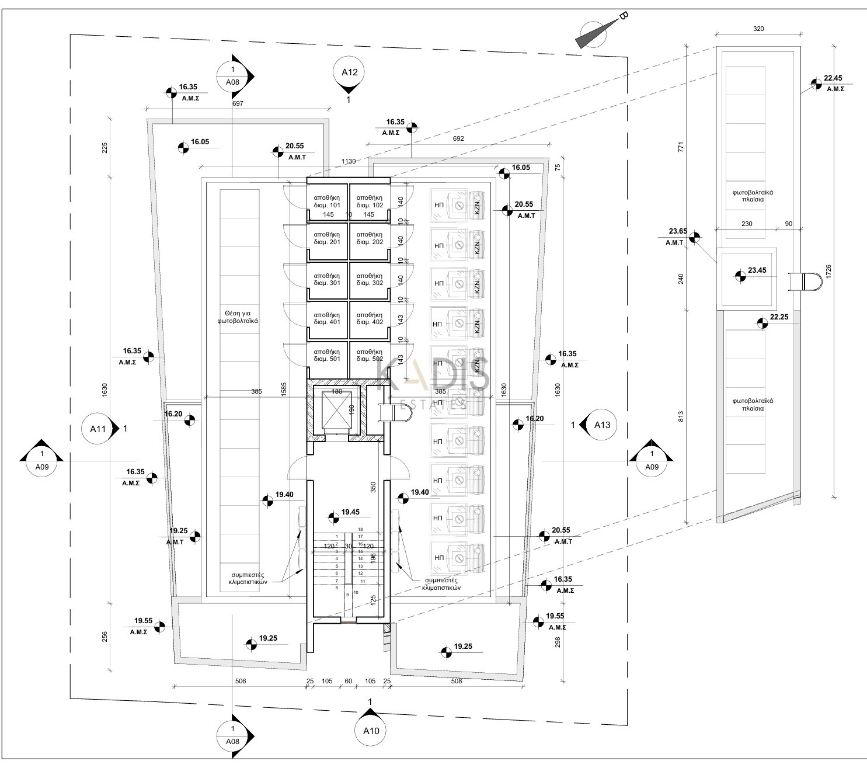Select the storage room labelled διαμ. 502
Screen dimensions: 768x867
pos(369,355)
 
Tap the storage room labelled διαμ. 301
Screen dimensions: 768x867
pos(327,279)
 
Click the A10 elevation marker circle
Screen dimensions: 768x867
pos(371,731)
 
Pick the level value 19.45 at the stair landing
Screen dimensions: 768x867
pos(351,512)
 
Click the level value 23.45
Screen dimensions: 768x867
pos(757,270)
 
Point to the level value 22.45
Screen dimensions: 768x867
pos(834,78)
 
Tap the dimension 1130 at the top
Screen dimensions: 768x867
pos(349,162)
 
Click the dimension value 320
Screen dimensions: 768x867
pos(758,28)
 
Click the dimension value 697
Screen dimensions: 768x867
pos(237,103)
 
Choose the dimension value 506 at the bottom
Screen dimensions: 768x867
pos(240,681)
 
